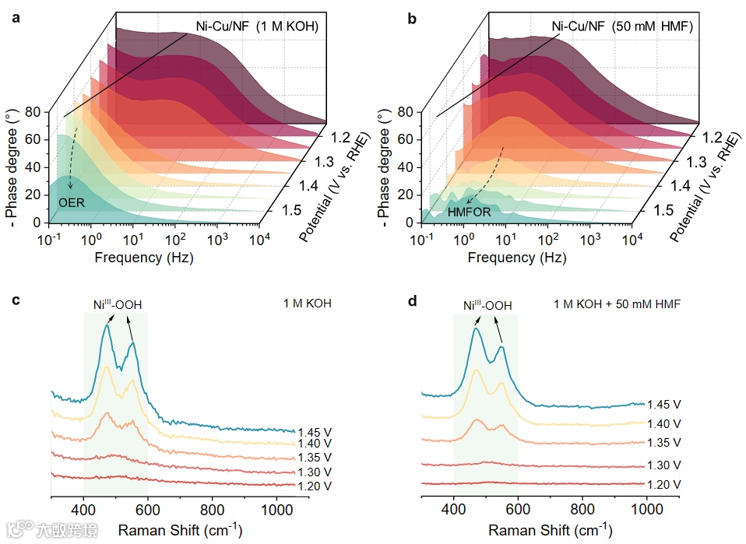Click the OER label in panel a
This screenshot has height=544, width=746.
pos(72,202)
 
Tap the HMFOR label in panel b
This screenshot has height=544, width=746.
pos(470,211)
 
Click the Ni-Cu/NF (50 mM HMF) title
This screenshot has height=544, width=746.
pos(622,27)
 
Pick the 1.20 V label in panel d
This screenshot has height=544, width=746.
pos(664,484)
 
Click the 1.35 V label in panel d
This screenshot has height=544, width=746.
pos(664,442)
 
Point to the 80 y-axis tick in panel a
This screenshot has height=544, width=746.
pos(31,112)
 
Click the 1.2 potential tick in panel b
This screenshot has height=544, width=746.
pos(709,138)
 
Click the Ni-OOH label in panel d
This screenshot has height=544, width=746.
pos(487,306)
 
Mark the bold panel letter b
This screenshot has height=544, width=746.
pos(412,17)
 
